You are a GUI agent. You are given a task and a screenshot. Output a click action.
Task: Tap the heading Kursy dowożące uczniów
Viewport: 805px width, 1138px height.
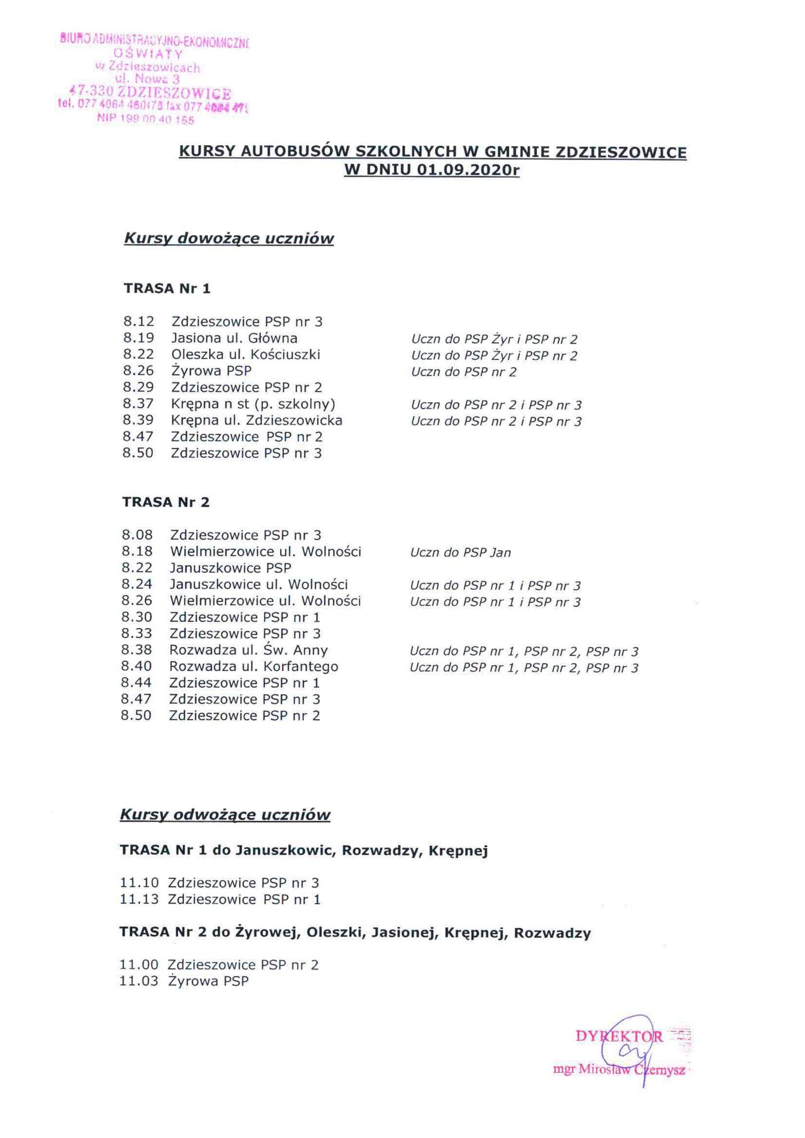229,238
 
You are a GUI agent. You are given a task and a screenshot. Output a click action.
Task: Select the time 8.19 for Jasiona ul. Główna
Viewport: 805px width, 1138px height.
138,338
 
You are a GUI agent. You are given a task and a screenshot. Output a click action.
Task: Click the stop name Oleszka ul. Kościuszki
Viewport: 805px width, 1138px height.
246,354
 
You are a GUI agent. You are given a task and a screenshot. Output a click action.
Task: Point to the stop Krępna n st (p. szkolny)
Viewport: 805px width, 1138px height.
253,404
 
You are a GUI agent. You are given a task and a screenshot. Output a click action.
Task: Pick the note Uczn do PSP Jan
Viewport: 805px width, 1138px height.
460,553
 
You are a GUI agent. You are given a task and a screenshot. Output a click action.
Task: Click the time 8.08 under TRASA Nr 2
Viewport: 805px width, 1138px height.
137,535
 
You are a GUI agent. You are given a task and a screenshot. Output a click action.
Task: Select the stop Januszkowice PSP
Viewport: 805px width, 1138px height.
230,568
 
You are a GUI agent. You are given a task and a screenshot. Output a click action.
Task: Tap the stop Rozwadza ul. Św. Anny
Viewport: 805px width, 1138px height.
249,650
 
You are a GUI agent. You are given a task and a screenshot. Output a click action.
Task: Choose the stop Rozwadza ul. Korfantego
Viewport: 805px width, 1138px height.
254,667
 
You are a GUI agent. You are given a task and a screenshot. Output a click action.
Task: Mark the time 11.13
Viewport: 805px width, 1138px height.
139,899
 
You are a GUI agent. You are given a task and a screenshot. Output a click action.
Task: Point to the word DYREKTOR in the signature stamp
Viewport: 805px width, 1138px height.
619,1036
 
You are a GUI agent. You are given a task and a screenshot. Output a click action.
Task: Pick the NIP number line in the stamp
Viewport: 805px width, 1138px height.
145,120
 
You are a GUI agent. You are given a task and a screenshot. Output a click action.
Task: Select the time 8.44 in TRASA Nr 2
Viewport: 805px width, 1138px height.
136,683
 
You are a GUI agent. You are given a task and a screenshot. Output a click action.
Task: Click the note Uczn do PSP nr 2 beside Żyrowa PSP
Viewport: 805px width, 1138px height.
463,372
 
